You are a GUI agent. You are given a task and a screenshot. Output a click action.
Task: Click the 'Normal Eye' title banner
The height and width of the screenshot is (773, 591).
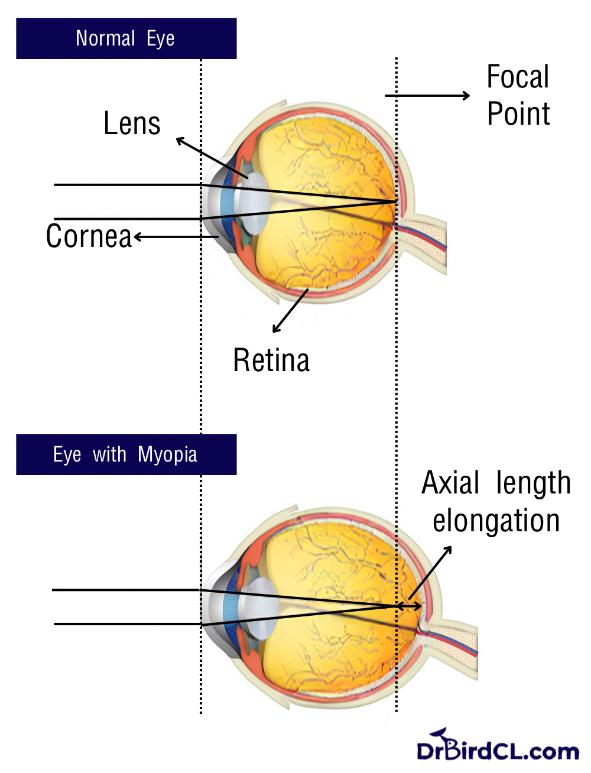coord(126,38)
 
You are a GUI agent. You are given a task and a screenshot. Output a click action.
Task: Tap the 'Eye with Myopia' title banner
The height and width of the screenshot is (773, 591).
coord(126,454)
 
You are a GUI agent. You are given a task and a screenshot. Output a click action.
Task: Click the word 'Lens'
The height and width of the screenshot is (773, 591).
coord(132,124)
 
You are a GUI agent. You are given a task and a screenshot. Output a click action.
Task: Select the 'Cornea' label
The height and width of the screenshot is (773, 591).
coord(89,236)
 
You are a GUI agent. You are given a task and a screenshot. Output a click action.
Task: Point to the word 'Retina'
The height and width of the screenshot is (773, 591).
coord(271,360)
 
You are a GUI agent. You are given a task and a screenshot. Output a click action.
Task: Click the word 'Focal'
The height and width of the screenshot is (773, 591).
coord(518,77)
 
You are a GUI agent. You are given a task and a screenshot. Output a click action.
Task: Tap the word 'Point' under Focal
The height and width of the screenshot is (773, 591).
coord(518,113)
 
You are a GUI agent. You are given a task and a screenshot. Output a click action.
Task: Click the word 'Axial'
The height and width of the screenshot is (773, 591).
coord(450,483)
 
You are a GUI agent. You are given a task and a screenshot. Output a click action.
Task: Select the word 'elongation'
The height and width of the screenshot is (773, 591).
coord(496,521)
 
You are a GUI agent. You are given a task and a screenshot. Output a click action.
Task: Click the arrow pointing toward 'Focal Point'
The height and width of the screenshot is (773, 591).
coord(427,95)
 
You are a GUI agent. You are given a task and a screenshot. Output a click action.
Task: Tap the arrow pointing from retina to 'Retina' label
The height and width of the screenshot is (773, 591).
coord(290,311)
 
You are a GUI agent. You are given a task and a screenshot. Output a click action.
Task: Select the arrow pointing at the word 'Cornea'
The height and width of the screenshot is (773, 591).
coord(176,237)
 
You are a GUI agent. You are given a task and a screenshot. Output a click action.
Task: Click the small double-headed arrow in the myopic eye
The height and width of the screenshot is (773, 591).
coord(409,606)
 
